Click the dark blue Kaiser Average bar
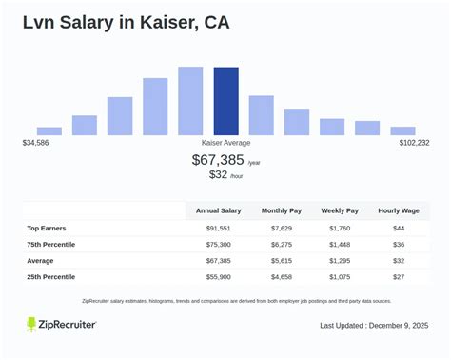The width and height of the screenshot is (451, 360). [x=225, y=101]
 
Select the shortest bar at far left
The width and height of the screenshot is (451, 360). [x=49, y=130]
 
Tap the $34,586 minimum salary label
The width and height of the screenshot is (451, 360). [x=36, y=143]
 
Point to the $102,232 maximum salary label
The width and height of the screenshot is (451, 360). [x=414, y=143]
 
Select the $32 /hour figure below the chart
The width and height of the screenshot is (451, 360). [x=225, y=175]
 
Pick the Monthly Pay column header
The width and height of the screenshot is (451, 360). [x=284, y=210]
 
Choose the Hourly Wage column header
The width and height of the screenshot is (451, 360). [x=399, y=210]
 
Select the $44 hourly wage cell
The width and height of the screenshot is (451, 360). [x=399, y=228]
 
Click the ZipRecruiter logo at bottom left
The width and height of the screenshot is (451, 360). [x=61, y=325]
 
